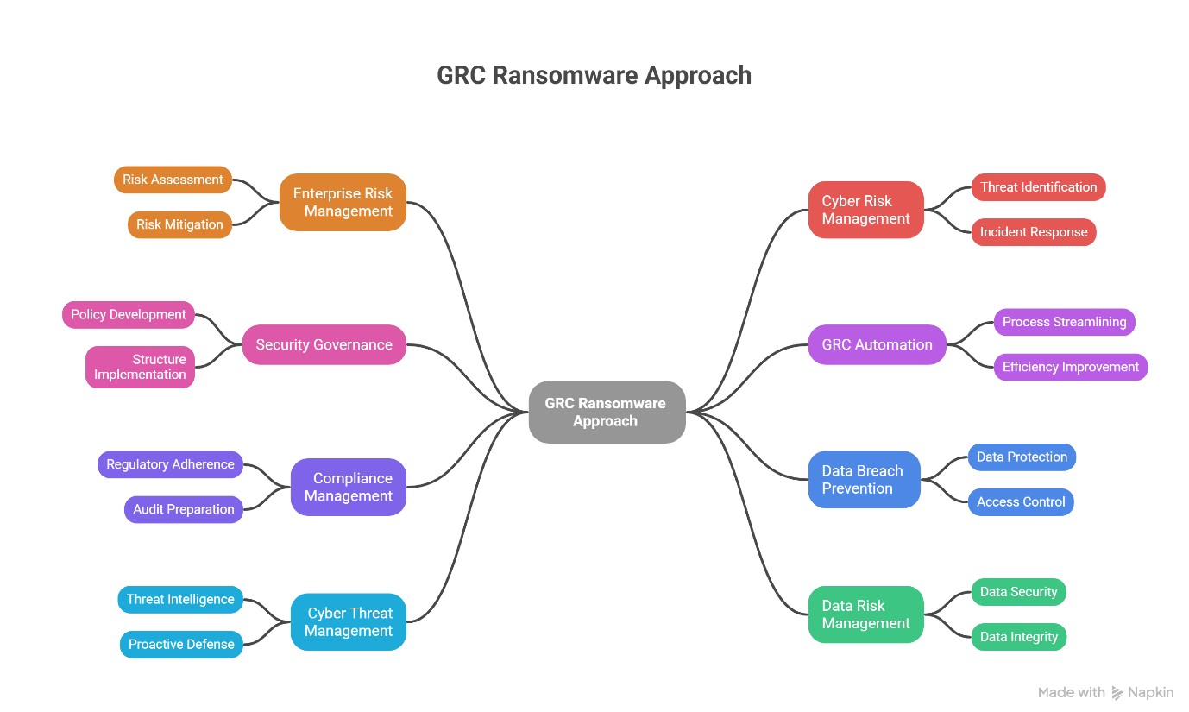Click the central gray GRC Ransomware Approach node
[607, 413]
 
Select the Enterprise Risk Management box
[343, 203]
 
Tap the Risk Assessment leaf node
[173, 180]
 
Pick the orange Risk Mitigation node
[179, 224]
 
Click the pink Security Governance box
[324, 344]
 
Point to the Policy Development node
[129, 315]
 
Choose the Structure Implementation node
[140, 367]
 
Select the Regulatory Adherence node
[170, 464]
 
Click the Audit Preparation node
[183, 509]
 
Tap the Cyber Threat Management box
[348, 622]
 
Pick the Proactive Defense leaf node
[181, 645]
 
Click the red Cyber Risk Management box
[865, 210]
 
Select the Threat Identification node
[1038, 187]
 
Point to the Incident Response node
[1033, 232]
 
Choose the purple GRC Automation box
[877, 344]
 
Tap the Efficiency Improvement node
[1070, 367]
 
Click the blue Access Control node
[1020, 502]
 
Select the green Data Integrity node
[1018, 637]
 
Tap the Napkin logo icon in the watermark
[1117, 692]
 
